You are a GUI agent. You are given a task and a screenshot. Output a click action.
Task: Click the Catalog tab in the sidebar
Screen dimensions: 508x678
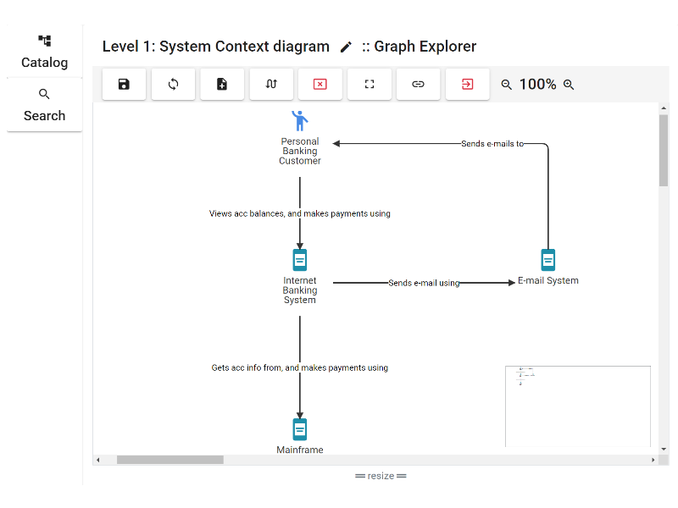(x=44, y=52)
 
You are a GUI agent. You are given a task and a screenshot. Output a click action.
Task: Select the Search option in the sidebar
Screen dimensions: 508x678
(x=44, y=105)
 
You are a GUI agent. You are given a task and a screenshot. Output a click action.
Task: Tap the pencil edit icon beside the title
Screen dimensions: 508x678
(x=346, y=47)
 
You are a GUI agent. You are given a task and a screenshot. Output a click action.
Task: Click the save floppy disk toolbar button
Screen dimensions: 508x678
(x=124, y=85)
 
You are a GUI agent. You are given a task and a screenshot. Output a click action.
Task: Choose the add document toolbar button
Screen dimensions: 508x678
(x=222, y=85)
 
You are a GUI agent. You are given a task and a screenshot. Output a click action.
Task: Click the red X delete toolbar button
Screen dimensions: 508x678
(x=320, y=85)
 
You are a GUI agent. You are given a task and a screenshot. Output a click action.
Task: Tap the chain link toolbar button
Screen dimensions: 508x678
(x=419, y=85)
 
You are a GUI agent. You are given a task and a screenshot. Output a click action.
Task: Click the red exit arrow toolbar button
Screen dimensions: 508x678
(x=468, y=85)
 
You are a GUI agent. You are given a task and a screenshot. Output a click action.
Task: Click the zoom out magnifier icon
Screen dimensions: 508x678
(x=507, y=85)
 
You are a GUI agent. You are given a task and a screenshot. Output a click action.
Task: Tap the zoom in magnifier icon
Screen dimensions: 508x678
(x=569, y=85)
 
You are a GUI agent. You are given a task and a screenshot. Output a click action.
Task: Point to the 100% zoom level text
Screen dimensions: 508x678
(x=537, y=85)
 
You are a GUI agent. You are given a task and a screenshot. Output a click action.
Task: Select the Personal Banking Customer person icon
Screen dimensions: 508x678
(x=300, y=120)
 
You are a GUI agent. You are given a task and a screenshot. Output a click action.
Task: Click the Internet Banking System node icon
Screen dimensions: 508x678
(x=300, y=260)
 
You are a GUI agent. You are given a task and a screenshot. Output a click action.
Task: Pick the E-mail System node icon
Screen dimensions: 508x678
(x=548, y=260)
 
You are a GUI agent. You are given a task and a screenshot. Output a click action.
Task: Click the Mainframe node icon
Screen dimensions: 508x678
(x=300, y=429)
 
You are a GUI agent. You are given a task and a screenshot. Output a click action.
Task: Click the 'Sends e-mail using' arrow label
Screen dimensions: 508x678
(x=424, y=283)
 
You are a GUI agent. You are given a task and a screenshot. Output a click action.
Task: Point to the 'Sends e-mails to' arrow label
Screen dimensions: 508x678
(x=492, y=144)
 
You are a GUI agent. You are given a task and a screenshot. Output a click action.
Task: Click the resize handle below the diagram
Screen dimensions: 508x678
(x=381, y=476)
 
